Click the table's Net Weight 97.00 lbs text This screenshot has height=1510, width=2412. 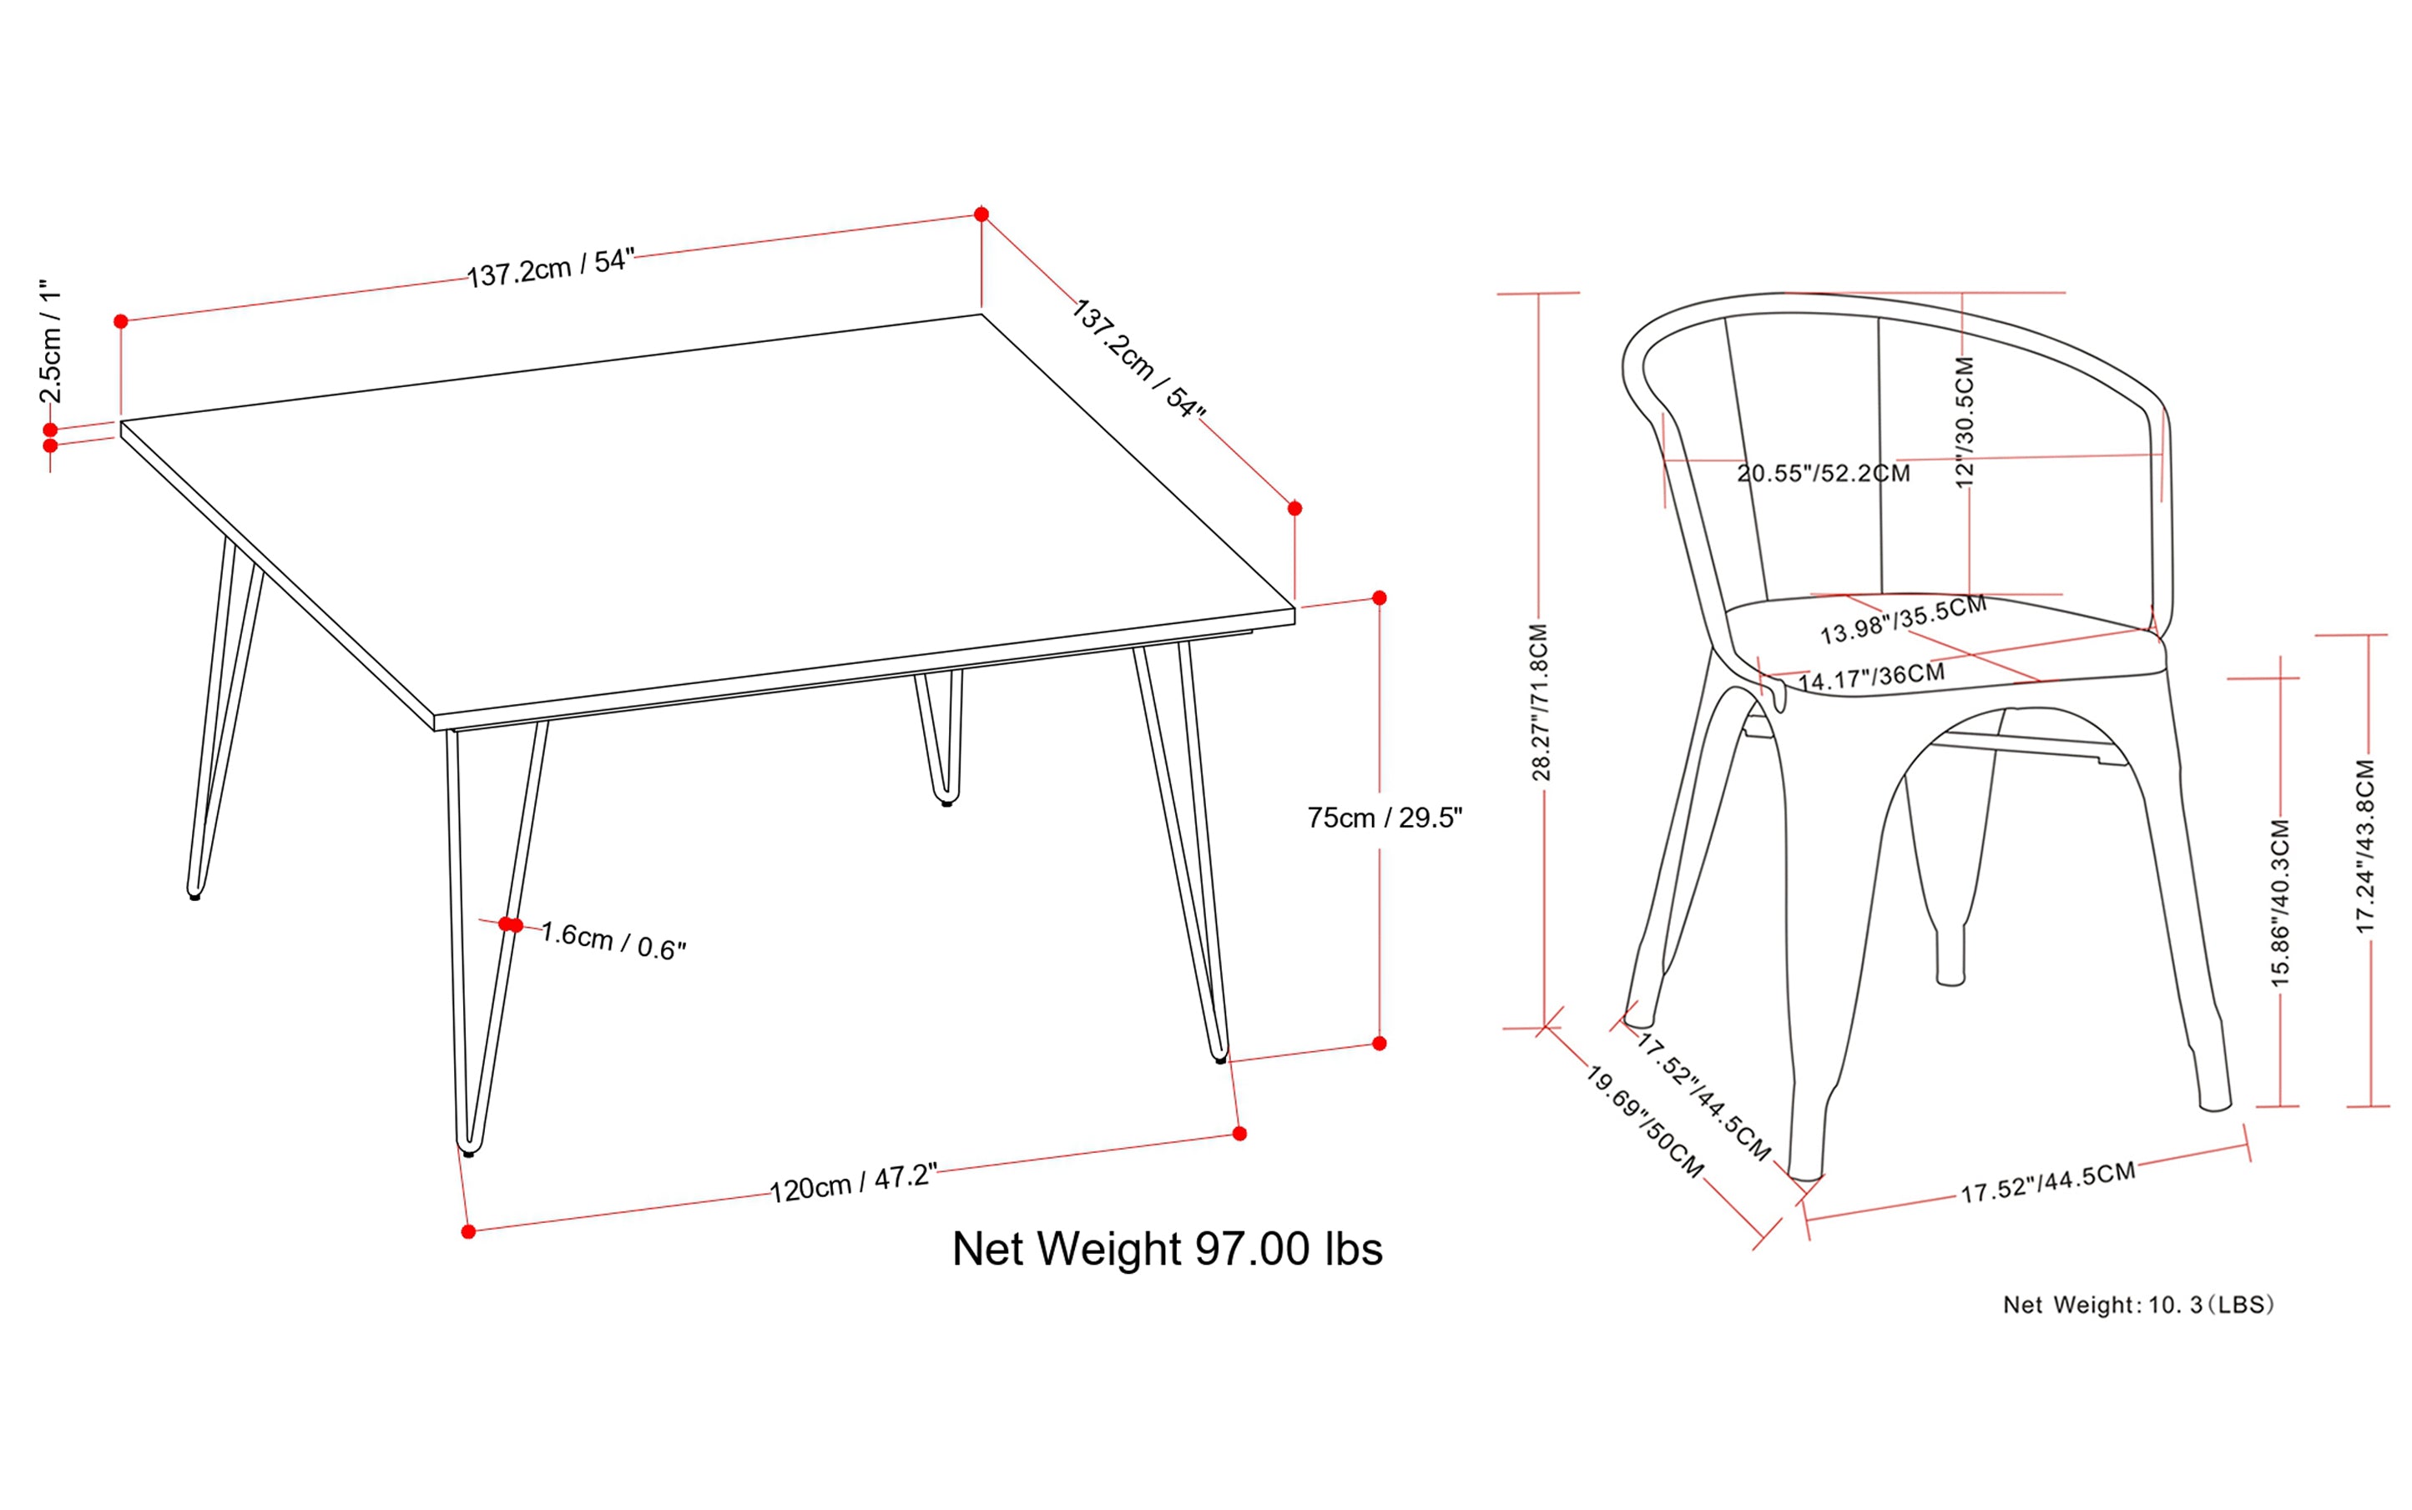point(1166,1250)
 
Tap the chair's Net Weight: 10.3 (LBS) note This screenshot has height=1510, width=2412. point(2138,1306)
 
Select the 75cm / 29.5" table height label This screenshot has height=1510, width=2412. point(1384,818)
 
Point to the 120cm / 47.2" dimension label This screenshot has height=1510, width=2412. point(852,1184)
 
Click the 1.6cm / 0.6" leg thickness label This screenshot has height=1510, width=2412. point(613,941)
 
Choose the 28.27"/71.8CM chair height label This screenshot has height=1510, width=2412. point(1540,702)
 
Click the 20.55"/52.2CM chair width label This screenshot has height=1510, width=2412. point(1823,473)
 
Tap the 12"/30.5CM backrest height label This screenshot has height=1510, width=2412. point(1965,422)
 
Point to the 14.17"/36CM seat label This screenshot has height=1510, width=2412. point(1870,677)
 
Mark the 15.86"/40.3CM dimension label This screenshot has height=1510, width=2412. point(2279,903)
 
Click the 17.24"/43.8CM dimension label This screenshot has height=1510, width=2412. point(2365,847)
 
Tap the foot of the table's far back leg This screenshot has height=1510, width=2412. point(946,801)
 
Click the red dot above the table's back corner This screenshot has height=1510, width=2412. point(981,214)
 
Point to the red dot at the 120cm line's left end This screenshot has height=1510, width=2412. point(468,1231)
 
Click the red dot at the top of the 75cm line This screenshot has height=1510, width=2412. point(1380,598)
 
